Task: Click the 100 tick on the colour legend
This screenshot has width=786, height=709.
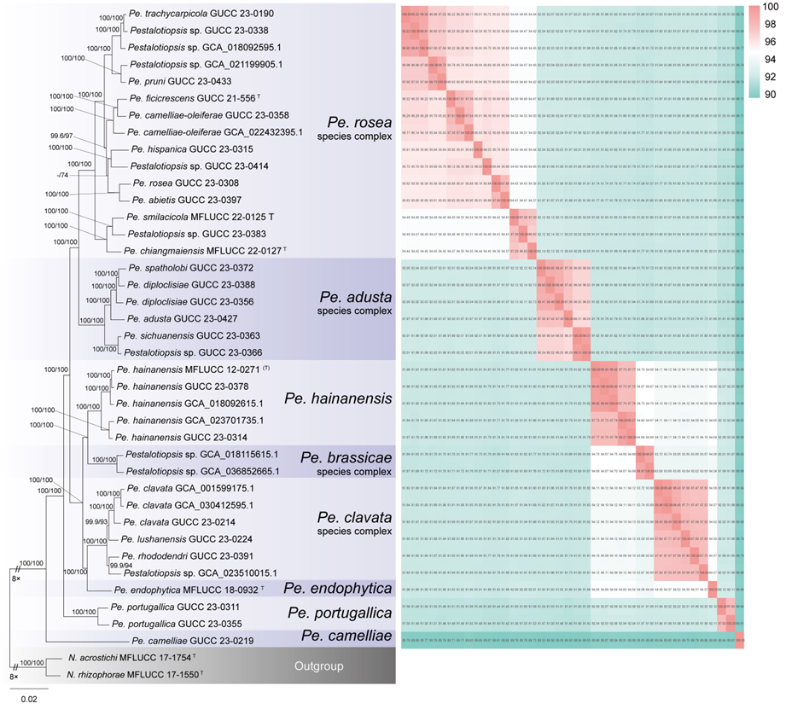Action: tap(766, 7)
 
